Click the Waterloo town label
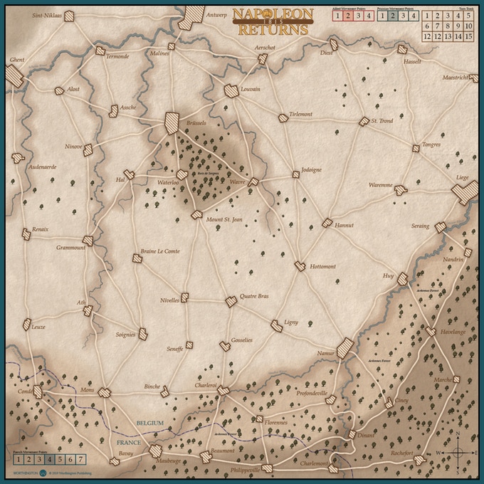pos(167,183)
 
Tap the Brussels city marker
pos(172,122)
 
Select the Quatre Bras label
pos(254,296)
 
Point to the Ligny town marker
pos(276,326)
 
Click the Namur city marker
pos(345,348)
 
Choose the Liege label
pos(463,177)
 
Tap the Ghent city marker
pos(15,77)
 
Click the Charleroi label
pos(201,386)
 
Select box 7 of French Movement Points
pos(80,459)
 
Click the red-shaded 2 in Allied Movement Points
pos(346,15)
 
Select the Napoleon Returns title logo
pos(271,21)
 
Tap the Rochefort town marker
pos(419,461)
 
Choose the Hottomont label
pos(322,267)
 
